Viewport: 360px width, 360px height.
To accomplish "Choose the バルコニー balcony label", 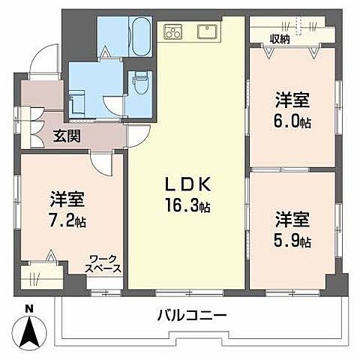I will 191,316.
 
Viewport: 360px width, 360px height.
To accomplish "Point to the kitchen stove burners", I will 174,32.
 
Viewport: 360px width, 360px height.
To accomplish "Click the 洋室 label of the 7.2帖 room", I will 67,200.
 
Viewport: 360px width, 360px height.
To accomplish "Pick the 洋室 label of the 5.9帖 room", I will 292,221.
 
